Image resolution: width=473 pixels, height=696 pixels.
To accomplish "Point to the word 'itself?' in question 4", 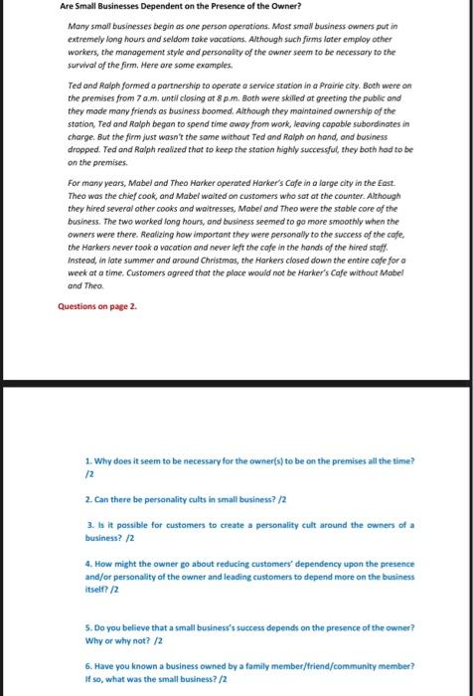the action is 98,587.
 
